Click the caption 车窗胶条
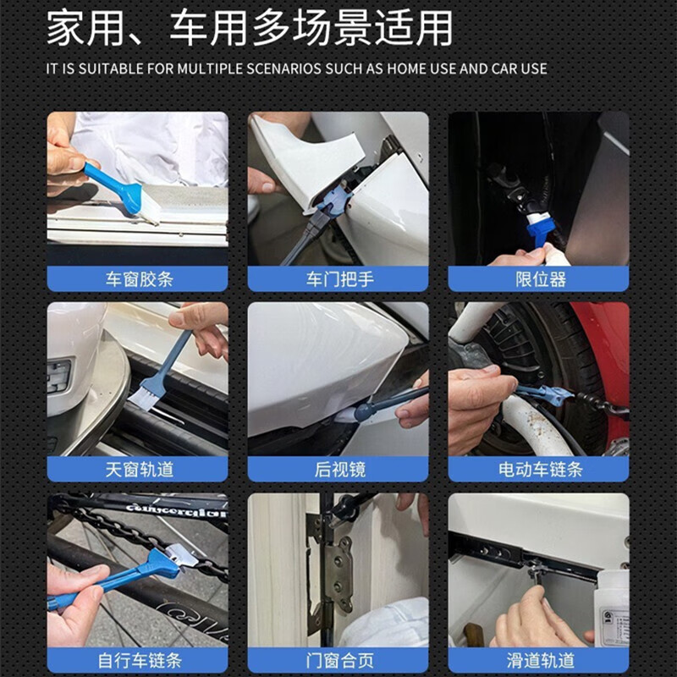pos(138,278)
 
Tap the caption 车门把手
pos(338,278)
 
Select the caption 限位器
pos(539,278)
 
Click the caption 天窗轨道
pos(138,469)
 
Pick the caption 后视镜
pos(338,469)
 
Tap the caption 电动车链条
pos(539,469)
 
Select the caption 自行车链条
pos(138,660)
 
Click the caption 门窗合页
pos(338,660)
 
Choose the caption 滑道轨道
pos(539,660)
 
